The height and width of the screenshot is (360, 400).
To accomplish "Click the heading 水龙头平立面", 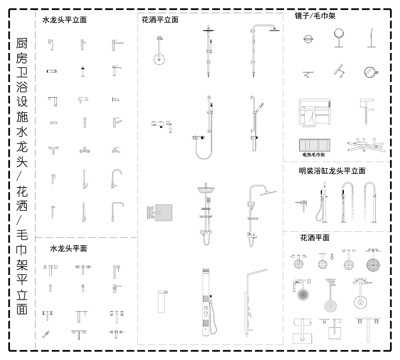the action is click(64, 19).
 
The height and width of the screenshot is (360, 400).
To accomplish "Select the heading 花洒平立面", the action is click(159, 19).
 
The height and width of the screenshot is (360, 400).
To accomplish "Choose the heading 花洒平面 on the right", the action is click(314, 237).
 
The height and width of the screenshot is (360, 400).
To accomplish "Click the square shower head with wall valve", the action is click(160, 213).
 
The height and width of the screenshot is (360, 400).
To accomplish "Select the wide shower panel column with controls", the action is click(209, 297).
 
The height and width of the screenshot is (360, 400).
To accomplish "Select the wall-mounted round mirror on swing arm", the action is click(369, 71).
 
